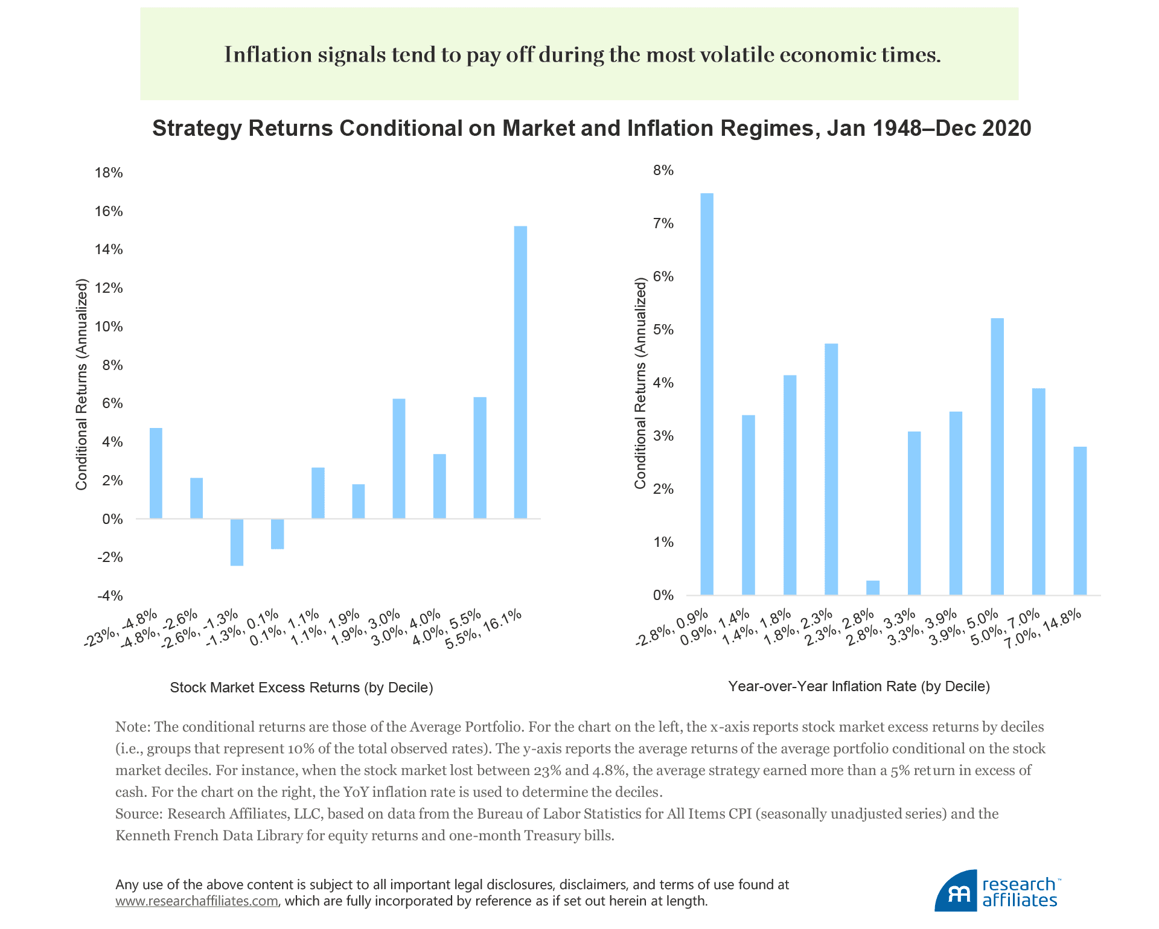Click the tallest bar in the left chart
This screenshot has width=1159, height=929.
click(520, 372)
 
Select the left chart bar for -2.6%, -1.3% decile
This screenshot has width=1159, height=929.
click(237, 542)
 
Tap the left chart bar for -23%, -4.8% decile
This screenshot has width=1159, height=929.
click(156, 473)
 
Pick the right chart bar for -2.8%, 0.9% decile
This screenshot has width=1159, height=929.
click(706, 394)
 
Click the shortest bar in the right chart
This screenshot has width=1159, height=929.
click(873, 587)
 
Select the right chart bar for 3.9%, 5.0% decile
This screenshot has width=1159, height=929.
click(997, 456)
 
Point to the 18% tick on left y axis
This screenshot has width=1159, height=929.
click(109, 173)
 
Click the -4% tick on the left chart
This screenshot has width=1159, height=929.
click(109, 596)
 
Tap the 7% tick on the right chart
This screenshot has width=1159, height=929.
click(663, 224)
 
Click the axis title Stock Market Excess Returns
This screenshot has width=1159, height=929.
click(301, 688)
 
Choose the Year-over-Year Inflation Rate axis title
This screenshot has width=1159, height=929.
click(859, 686)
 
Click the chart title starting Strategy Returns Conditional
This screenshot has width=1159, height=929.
click(592, 129)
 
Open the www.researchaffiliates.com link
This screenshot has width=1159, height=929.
click(197, 901)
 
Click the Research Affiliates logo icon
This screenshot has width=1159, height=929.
click(956, 891)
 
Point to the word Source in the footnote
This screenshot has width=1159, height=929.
click(138, 814)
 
